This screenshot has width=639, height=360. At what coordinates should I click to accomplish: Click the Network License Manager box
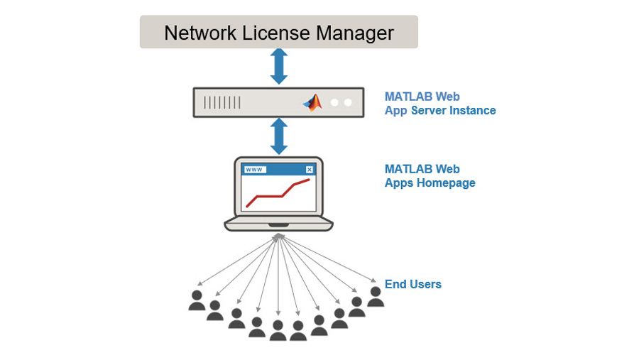coord(278,33)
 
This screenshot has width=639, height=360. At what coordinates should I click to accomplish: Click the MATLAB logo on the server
coord(312,102)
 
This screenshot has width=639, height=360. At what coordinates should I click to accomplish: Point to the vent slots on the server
coord(222,103)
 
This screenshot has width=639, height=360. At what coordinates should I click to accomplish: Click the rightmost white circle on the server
coord(348,102)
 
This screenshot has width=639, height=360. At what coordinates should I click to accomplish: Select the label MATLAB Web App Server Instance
coord(439,104)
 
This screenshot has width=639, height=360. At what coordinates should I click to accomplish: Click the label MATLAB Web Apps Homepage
coord(430,176)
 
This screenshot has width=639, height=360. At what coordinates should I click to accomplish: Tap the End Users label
coord(413,284)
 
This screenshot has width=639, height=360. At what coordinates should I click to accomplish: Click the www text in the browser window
coord(254,170)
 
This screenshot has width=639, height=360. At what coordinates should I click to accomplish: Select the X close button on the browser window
coord(309,170)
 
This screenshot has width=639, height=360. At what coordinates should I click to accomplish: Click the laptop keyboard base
coord(278,224)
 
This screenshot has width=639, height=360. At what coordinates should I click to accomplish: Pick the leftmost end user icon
coord(197,300)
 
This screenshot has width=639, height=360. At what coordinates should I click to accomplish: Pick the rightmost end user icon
coord(376,297)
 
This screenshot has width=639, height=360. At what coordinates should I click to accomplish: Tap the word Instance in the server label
coord(471,111)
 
